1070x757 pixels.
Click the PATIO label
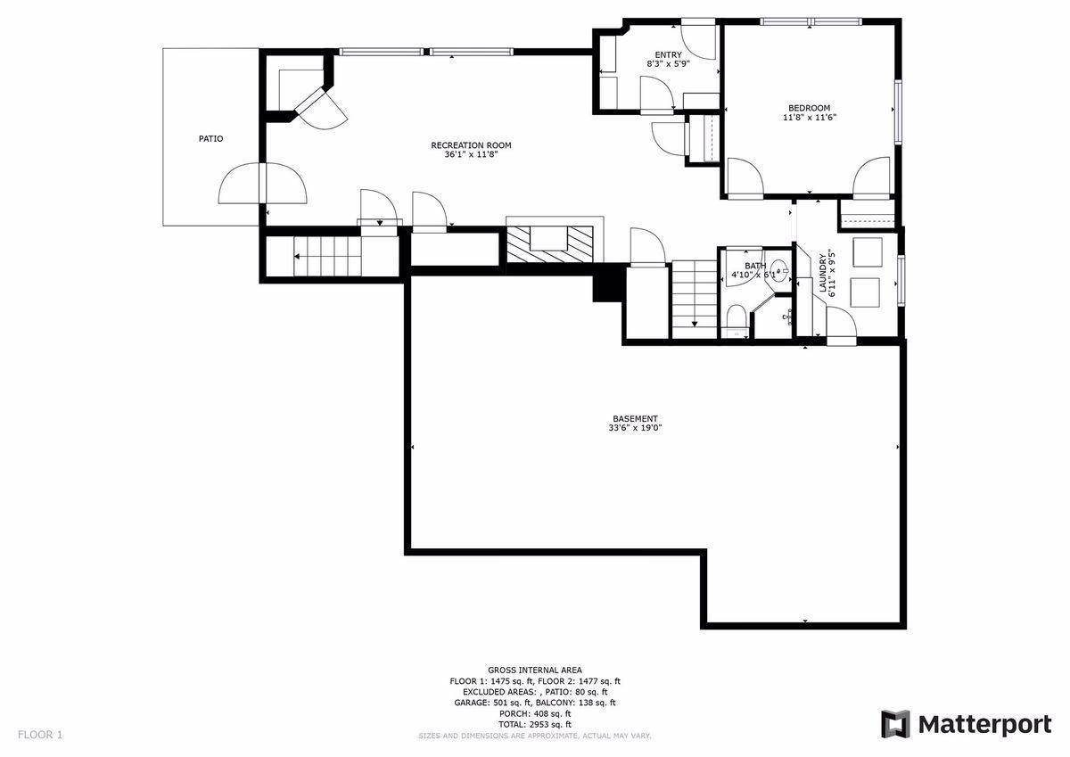click(210, 139)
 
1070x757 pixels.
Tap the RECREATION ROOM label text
click(471, 145)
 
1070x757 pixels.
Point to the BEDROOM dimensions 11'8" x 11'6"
click(810, 118)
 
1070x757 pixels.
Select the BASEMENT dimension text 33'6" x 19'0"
click(635, 428)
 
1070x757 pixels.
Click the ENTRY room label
click(668, 55)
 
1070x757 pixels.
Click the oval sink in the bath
click(778, 268)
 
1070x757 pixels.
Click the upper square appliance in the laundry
click(867, 252)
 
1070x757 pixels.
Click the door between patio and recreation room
click(263, 184)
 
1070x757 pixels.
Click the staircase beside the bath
click(695, 299)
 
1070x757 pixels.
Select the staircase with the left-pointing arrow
click(326, 258)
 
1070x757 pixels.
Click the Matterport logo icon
click(895, 724)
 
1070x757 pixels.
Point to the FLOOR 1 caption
click(40, 735)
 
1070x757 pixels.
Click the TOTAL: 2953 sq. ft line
click(534, 724)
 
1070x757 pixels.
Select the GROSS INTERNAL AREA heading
click(534, 670)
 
